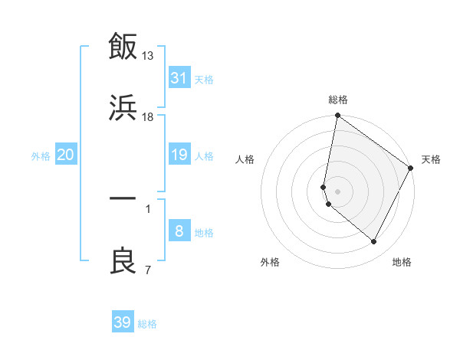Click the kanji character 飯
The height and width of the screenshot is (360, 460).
pos(123,47)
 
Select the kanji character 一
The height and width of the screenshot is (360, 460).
pos(123,198)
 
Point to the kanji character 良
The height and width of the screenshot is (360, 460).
pos(123,261)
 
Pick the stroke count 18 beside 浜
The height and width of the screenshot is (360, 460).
pos(148,117)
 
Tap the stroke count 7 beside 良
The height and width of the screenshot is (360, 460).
pos(147,269)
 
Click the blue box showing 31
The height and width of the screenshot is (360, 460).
pos(179,78)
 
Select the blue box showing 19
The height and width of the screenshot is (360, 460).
pos(179,155)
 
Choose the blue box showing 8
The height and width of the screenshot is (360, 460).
pos(179,232)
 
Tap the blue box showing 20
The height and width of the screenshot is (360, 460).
pos(66,155)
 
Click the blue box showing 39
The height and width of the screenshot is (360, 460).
pos(123,322)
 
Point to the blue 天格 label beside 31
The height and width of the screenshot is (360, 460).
pos(204,80)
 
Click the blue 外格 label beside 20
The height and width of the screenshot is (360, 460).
pos(41,156)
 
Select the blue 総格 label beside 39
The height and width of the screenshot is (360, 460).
pos(147,324)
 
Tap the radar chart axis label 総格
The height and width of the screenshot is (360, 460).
pos(338,100)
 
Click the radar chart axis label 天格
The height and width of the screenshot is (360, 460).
pos(432,159)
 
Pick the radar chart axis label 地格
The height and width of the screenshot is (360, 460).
pos(402,263)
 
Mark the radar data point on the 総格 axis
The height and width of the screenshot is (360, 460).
pos(337,116)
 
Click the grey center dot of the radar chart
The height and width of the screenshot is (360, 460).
pos(337,191)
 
